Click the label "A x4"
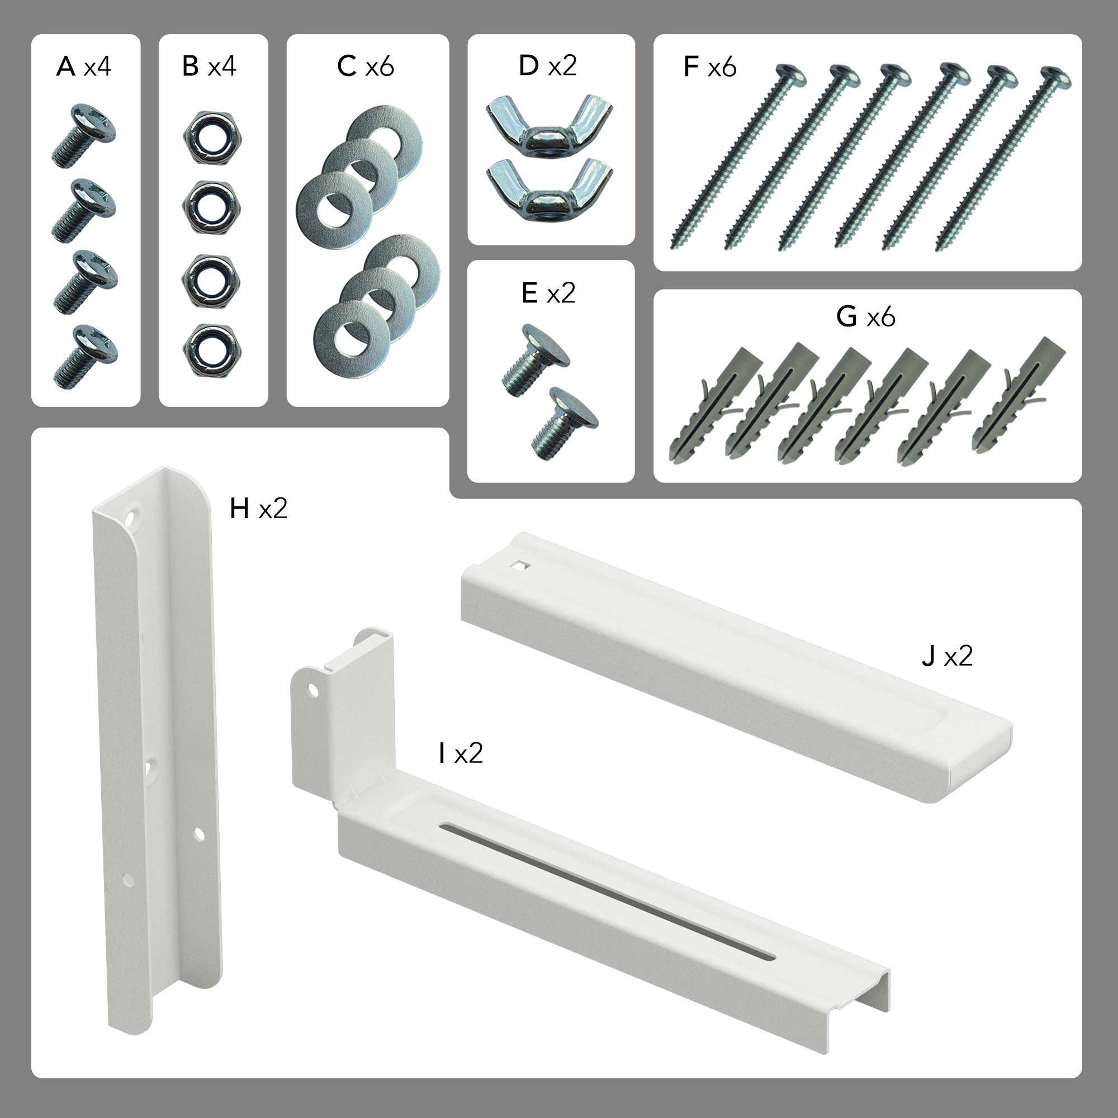(84, 67)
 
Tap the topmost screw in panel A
(83, 136)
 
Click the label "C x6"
(366, 67)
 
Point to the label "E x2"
(548, 293)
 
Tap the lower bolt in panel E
(564, 423)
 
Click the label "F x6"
(710, 67)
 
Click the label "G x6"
(866, 316)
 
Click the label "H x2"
(259, 509)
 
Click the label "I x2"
(461, 754)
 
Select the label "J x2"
(948, 656)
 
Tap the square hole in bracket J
(523, 566)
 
